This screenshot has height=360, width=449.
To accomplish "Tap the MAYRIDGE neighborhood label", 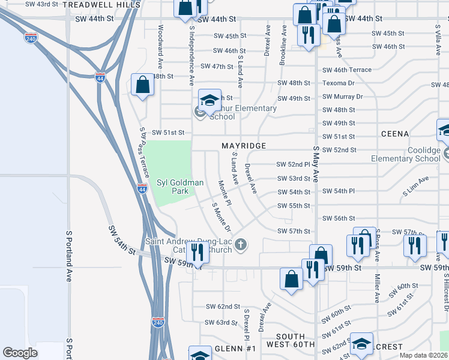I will coord(243,146).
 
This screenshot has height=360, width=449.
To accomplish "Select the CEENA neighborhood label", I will coord(394,134).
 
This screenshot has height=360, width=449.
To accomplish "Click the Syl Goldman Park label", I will coord(172,187).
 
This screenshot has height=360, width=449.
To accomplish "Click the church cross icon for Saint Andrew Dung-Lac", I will coord(241,244).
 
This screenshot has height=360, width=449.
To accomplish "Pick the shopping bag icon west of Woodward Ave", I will coord(143,84).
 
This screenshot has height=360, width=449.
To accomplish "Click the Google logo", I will coord(20,352).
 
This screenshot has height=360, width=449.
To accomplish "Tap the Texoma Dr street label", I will coord(339,83).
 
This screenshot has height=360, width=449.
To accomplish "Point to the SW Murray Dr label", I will coord(342,97).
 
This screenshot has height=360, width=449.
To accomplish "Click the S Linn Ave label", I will coord(416,181).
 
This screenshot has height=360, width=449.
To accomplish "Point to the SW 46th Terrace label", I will coord(347,70).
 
